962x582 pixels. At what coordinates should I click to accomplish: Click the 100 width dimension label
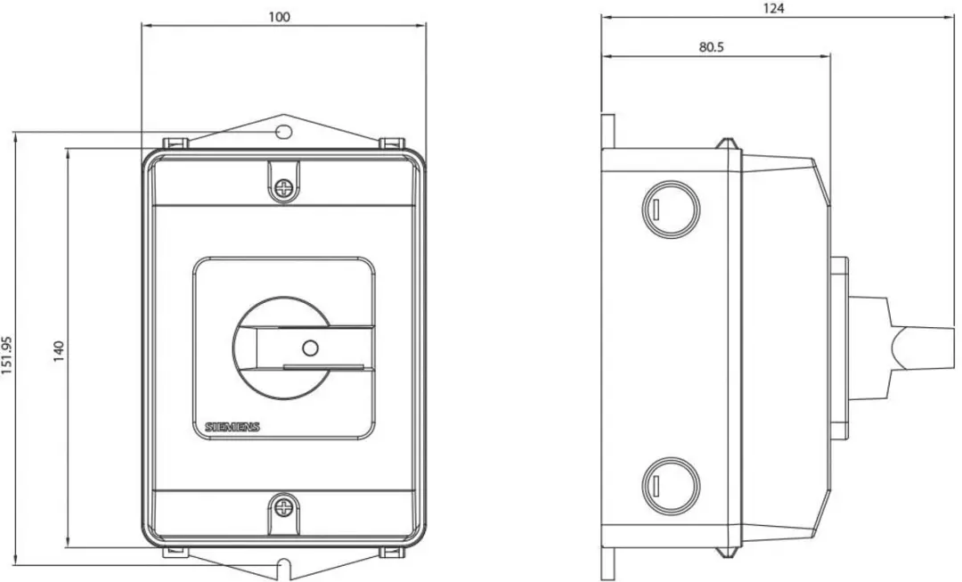click(279, 17)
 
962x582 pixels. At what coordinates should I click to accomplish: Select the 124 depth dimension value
click(774, 9)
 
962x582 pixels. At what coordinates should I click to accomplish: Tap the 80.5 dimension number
click(711, 46)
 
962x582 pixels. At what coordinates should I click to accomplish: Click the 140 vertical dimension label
click(59, 351)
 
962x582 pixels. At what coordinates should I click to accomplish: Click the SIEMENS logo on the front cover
click(232, 427)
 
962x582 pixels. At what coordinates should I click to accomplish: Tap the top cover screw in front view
click(284, 187)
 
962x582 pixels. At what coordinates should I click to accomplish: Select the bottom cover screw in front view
click(284, 507)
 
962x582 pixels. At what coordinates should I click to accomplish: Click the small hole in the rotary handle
click(311, 348)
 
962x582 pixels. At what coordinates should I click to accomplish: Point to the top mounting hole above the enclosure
click(283, 131)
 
